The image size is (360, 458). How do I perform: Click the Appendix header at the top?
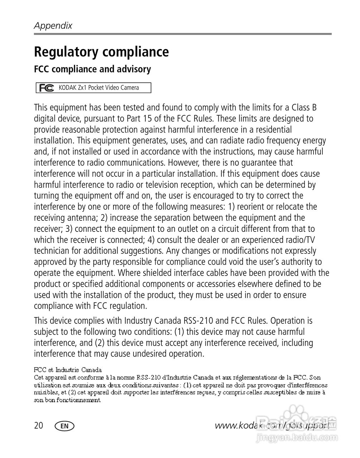tap(53, 26)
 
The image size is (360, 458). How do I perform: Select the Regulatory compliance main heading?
tap(101, 52)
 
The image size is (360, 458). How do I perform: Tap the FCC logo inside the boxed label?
tap(47, 88)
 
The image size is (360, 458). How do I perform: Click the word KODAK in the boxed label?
tap(68, 88)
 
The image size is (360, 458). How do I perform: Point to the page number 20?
tap(39, 425)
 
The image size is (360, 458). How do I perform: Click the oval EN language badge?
tap(64, 426)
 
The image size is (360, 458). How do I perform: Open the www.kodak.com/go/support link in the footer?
tap(272, 425)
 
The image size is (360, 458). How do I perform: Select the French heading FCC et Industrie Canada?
tap(68, 370)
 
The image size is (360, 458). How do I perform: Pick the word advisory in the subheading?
tap(136, 69)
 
